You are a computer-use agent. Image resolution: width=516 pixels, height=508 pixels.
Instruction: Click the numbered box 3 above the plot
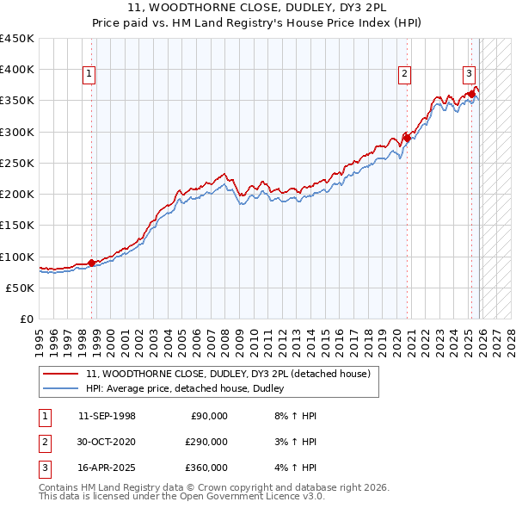pyautogui.click(x=469, y=73)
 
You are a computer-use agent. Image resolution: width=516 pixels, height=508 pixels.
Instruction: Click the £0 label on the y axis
pyautogui.click(x=26, y=319)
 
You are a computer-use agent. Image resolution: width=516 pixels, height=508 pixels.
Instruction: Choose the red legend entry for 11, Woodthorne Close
pyautogui.click(x=228, y=374)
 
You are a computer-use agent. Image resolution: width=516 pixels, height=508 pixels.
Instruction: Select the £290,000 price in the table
pyautogui.click(x=206, y=442)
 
